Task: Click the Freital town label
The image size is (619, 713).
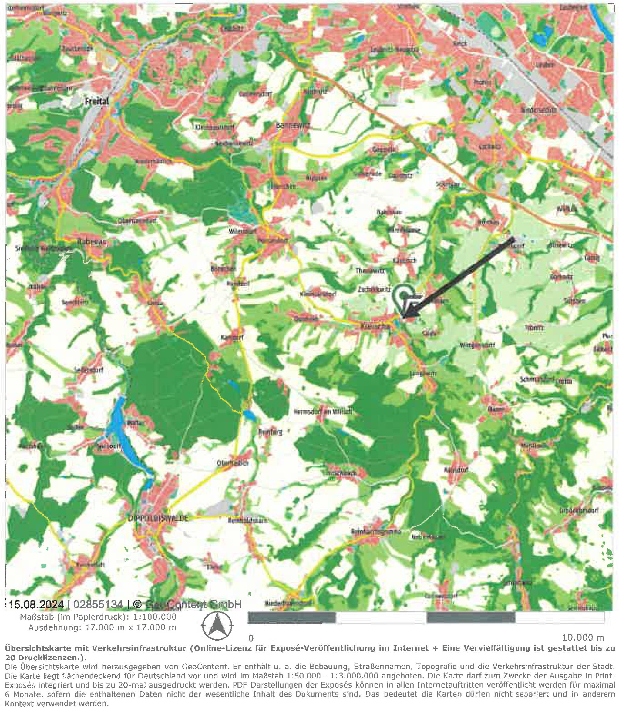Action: [96, 101]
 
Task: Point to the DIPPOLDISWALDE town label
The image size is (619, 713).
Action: [158, 519]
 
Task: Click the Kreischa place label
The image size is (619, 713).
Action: [375, 326]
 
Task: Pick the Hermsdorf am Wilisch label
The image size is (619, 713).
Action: [323, 412]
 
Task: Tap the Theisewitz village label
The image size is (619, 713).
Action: [370, 271]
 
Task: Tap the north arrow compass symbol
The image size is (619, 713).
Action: [217, 626]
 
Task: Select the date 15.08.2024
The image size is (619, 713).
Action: [36, 604]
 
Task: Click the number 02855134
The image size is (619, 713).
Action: [98, 604]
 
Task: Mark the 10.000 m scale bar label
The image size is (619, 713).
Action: [583, 638]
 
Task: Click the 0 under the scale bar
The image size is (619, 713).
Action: [251, 638]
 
